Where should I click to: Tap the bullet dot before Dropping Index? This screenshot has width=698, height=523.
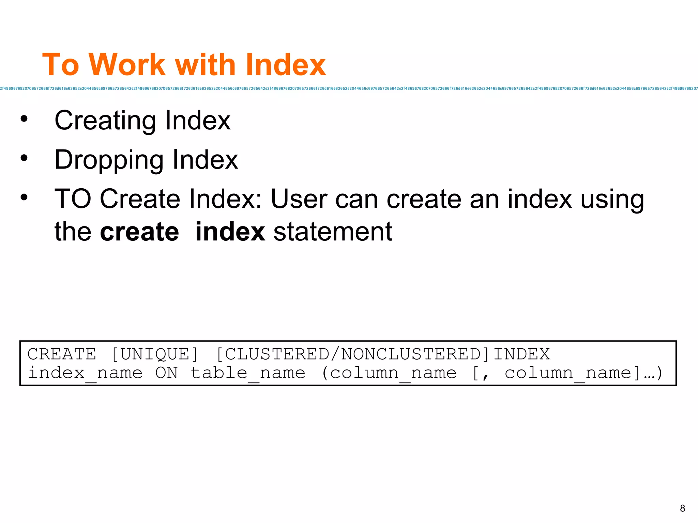point(24,158)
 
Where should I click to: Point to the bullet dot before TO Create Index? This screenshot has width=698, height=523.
point(24,197)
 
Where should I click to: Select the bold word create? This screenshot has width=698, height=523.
point(139,232)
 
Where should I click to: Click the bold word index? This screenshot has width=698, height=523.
point(230,232)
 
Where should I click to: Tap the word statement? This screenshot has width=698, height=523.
point(333,232)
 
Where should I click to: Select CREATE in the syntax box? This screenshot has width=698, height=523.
point(62,354)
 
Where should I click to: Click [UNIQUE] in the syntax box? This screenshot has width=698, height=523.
point(155,354)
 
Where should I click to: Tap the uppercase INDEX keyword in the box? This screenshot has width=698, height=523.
point(521,354)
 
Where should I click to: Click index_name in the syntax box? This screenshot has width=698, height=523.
point(85,373)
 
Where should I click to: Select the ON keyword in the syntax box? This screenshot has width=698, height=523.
point(166,373)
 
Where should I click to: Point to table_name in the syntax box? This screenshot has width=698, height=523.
point(248,373)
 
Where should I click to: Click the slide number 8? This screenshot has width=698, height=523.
point(682,508)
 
